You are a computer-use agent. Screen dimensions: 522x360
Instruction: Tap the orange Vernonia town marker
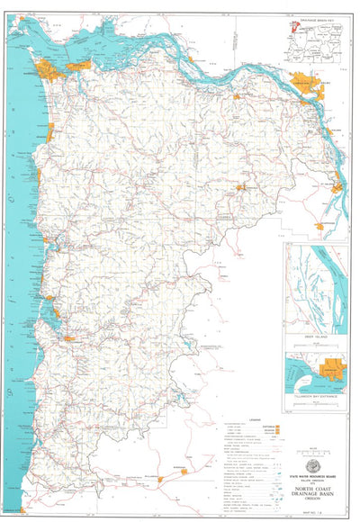click(x=240, y=187)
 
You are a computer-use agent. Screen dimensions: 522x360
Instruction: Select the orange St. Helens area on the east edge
click(x=336, y=189)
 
